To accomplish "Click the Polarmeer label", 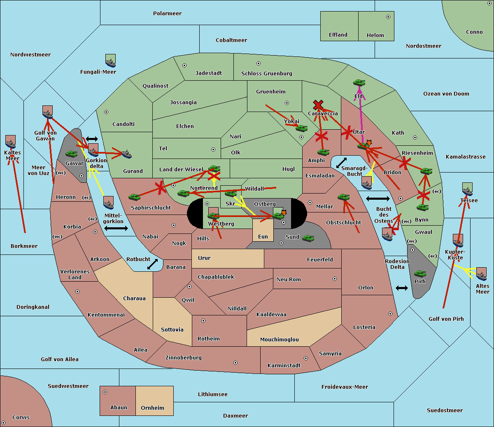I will tap(167, 14).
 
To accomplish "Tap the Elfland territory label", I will tap(338, 35).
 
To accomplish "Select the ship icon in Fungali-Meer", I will tap(110, 61).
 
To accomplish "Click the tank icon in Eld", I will tap(359, 83).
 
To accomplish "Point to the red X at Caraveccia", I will tap(317, 105).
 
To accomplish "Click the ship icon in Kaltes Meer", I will tap(10, 142).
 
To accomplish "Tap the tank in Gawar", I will tap(72, 154).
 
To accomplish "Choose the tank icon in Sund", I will tap(308, 238).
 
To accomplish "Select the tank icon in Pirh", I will tap(420, 273).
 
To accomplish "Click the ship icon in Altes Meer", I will tap(481, 274).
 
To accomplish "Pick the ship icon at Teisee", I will tap(467, 189).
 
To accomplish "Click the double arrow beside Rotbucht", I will tap(152, 264).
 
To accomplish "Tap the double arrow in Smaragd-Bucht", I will tap(341, 163).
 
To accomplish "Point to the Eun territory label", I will tap(263, 237).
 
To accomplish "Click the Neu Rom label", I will tap(289, 280).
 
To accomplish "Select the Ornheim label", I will tap(152, 408).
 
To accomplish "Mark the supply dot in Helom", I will tap(388, 17).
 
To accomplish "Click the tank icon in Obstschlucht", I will tap(343, 198).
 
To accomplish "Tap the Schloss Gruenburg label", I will tap(266, 74).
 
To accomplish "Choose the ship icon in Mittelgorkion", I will tap(108, 203).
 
